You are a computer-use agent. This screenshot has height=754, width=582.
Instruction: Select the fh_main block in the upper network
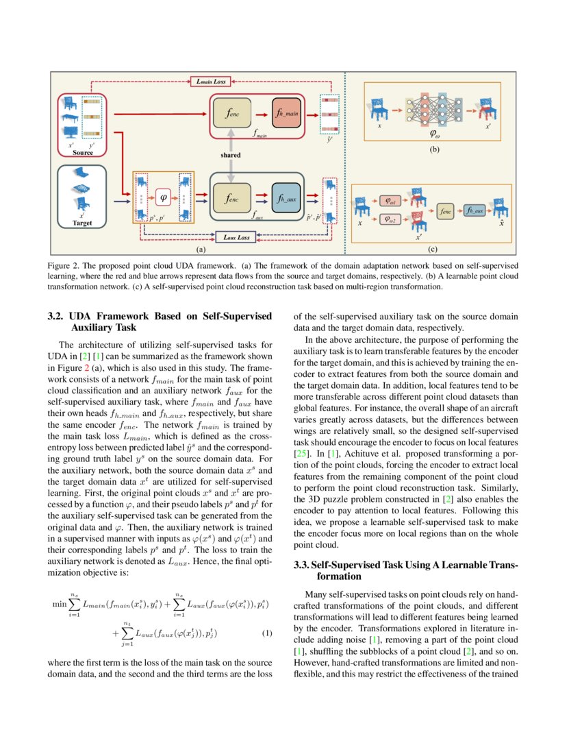[286, 112]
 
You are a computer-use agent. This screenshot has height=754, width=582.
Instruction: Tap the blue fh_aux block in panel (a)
[286, 198]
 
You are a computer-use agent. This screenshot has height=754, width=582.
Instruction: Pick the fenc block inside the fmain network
[233, 112]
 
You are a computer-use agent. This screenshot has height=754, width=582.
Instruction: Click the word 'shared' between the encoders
[230, 156]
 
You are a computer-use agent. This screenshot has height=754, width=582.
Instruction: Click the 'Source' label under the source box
[82, 152]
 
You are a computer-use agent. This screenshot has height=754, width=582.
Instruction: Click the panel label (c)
[433, 250]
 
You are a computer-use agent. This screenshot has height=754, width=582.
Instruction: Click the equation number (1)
[268, 633]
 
